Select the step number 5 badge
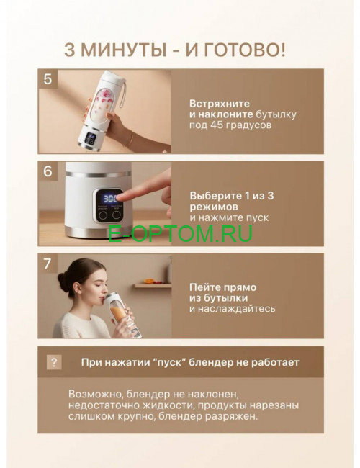48,79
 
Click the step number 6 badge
48,171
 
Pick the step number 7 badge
48,264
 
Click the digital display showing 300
111,197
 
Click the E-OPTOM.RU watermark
180,234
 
